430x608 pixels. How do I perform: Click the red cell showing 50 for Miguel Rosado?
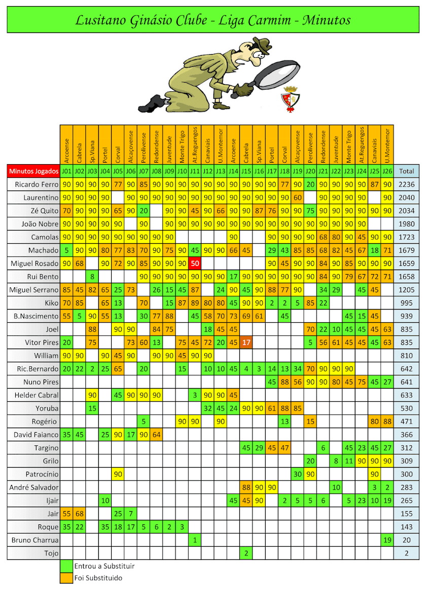tap(195, 263)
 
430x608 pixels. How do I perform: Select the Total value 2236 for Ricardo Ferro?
tap(407, 184)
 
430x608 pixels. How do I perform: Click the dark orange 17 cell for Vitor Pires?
tap(246, 343)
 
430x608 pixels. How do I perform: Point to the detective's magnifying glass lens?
tap(276, 77)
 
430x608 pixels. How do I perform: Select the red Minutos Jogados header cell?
tap(33, 171)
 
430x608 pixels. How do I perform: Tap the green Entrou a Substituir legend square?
tap(66, 566)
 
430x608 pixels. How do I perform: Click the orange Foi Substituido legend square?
tap(66, 578)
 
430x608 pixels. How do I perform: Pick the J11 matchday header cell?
tap(195, 171)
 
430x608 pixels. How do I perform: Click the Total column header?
tap(407, 171)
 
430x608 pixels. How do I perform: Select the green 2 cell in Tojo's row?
tap(246, 553)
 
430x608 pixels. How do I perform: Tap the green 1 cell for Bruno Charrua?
tap(195, 540)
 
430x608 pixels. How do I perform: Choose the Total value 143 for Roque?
tap(407, 527)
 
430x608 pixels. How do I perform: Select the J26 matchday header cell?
tap(387, 171)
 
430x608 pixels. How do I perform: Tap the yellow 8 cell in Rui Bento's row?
tap(92, 277)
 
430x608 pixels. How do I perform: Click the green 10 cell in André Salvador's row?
tap(336, 487)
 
